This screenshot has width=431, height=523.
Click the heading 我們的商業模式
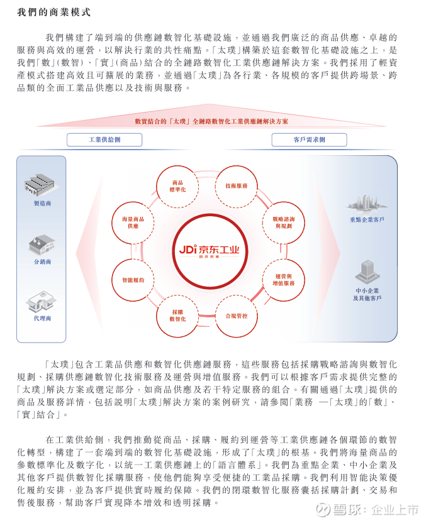click(53, 13)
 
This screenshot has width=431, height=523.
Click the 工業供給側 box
click(104, 140)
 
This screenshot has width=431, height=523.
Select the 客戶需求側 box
click(309, 140)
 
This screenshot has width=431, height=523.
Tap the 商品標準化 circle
click(177, 186)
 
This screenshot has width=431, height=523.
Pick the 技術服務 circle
click(237, 186)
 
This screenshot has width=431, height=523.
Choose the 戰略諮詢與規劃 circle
click(283, 223)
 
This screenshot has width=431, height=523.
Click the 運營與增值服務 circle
click(283, 280)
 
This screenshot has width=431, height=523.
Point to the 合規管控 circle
click(237, 316)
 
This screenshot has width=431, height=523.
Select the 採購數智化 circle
click(177, 316)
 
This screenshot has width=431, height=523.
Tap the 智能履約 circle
click(133, 280)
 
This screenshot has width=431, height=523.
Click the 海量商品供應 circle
click(133, 223)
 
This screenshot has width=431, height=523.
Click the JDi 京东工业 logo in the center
click(210, 250)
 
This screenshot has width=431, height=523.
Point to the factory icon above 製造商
click(40, 184)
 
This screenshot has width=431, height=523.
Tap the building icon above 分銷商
click(42, 245)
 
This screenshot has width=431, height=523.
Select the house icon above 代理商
click(42, 301)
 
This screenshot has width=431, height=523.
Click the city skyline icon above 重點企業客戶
click(366, 204)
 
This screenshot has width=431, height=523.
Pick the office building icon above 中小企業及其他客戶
click(367, 272)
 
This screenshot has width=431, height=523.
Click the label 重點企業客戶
click(367, 219)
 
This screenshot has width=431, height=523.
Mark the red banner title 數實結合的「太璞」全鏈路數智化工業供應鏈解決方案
click(211, 121)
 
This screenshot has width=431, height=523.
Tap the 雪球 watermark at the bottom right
click(367, 510)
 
